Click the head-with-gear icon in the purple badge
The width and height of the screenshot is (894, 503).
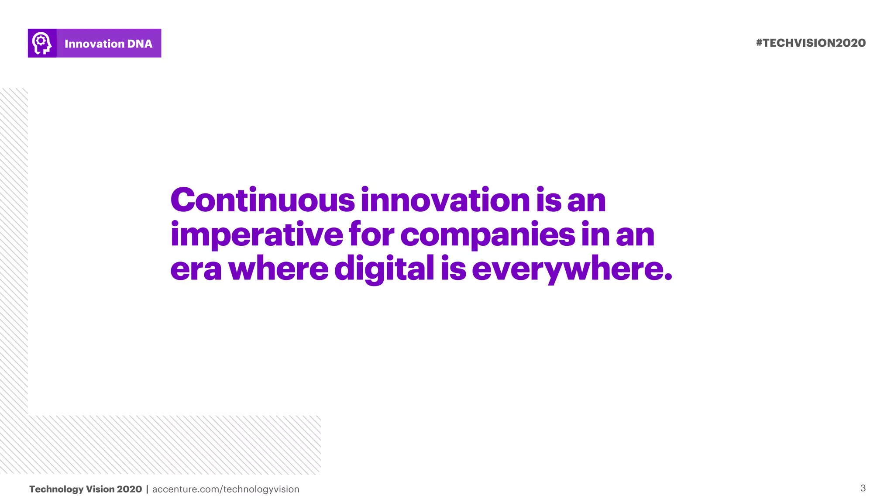(x=42, y=43)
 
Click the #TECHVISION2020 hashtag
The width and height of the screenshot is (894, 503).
(x=811, y=43)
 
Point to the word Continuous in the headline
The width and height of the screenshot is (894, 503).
(x=262, y=200)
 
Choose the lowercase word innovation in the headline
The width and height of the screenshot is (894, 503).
(x=445, y=200)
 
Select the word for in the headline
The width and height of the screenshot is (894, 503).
(x=371, y=234)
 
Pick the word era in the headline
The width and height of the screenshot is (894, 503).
(x=196, y=269)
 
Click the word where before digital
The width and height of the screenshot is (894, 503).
(x=279, y=269)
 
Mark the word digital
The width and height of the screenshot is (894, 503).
(x=384, y=269)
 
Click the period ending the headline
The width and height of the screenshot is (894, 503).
(x=668, y=276)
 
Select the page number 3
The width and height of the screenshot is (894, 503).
(x=863, y=488)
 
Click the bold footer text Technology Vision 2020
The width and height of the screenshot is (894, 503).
(x=86, y=489)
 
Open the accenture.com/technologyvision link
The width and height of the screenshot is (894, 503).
(x=226, y=489)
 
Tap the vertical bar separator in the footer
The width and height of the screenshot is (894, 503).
(x=147, y=489)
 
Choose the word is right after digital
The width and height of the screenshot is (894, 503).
(x=453, y=269)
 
